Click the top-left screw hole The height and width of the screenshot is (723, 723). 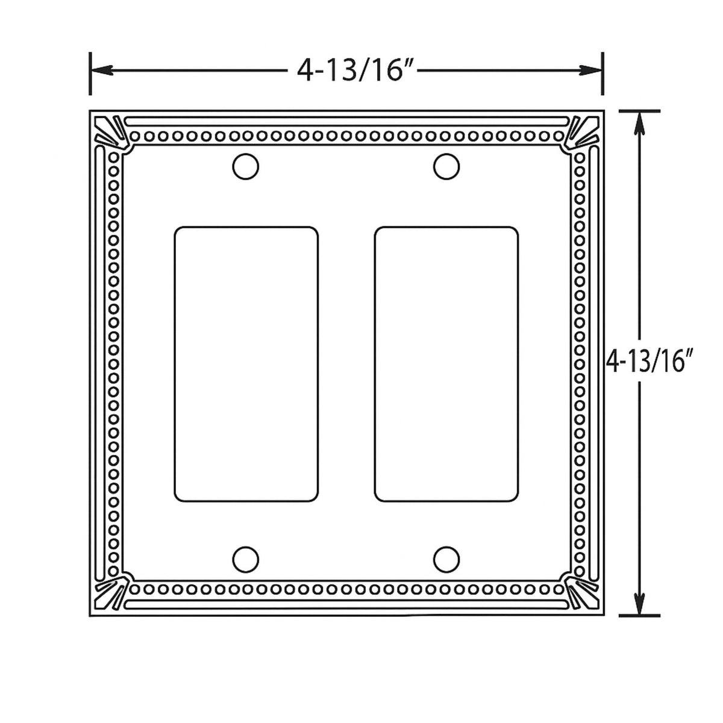point(246,166)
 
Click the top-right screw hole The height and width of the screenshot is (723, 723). point(446,166)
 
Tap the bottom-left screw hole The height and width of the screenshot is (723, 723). point(246,559)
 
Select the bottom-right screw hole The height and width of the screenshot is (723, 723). point(446,559)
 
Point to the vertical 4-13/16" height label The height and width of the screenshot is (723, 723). point(647,363)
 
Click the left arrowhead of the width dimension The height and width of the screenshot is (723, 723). point(101,70)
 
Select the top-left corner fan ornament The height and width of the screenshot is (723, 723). point(110,131)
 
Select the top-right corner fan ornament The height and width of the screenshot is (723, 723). point(582,131)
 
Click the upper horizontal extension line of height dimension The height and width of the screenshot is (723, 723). point(640,111)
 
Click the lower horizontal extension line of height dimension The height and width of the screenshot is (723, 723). point(640,615)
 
